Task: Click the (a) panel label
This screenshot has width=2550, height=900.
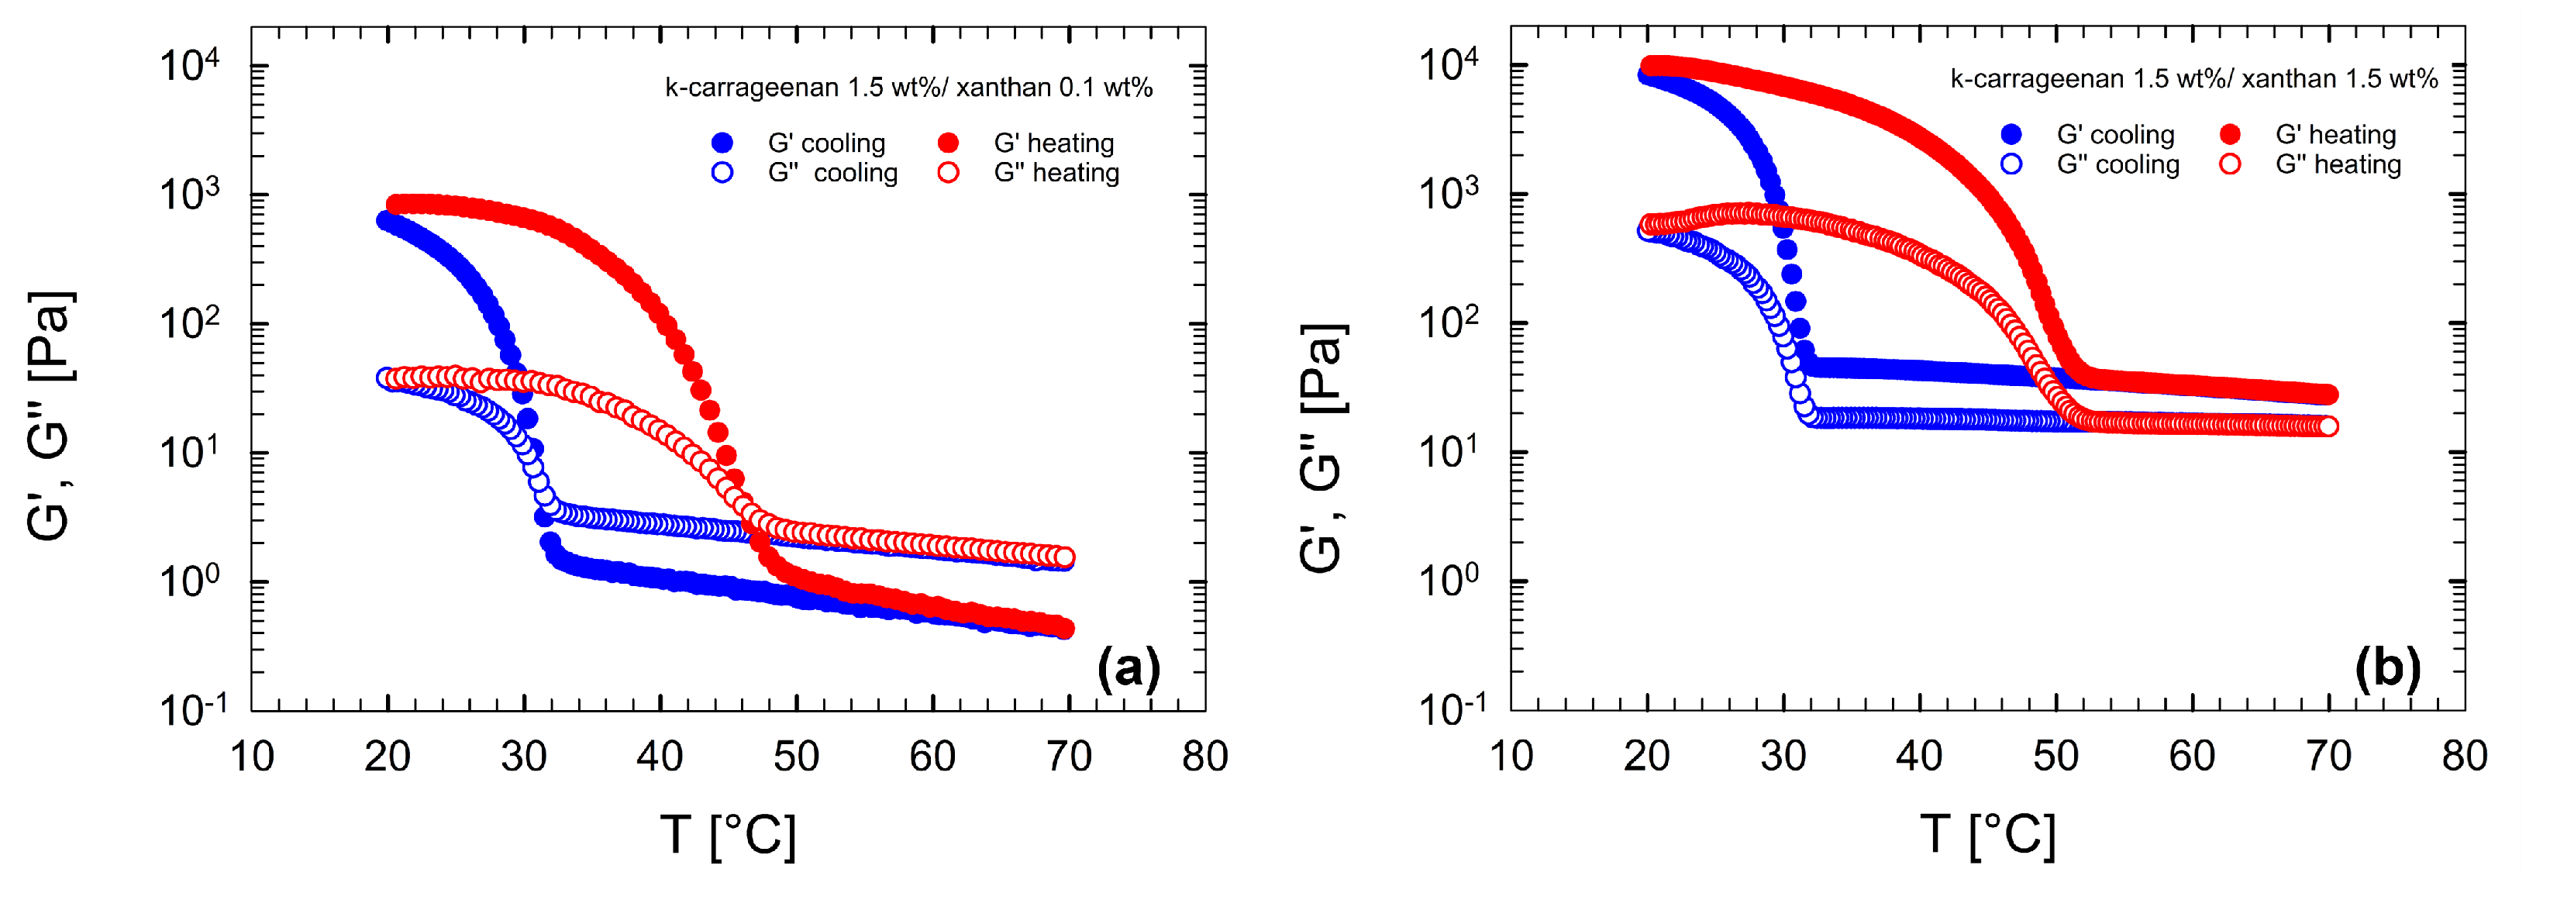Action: [x=1128, y=669]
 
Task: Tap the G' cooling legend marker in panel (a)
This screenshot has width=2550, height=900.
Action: [x=722, y=143]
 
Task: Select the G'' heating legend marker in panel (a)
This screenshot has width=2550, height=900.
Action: [x=949, y=172]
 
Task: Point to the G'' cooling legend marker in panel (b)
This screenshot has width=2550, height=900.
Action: [x=2011, y=164]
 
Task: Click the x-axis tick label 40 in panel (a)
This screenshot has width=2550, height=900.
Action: [x=660, y=757]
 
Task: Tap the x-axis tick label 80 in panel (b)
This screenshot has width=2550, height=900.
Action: [x=2464, y=757]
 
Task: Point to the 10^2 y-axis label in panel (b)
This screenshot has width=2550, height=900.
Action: [x=1449, y=322]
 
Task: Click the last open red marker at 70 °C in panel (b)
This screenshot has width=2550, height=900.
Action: [x=2328, y=426]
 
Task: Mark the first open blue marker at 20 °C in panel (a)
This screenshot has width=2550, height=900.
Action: [x=386, y=378]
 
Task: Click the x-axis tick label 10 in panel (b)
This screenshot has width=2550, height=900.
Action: [x=1511, y=757]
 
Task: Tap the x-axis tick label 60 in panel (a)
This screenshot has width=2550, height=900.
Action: [x=932, y=757]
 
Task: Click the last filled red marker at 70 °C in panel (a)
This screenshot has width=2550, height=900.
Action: [x=1065, y=628]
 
